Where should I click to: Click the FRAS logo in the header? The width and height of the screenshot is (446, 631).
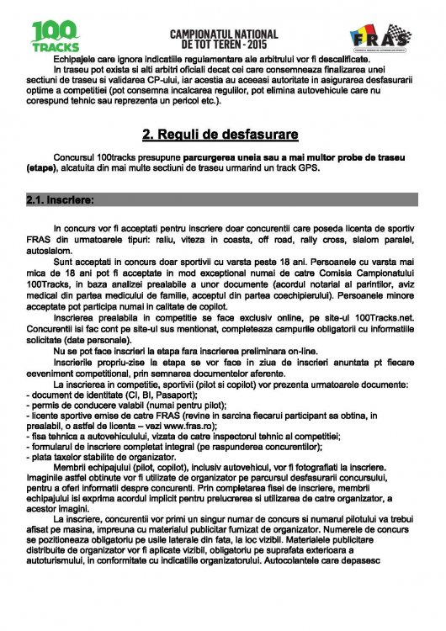380,35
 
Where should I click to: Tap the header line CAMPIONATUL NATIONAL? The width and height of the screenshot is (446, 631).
223,32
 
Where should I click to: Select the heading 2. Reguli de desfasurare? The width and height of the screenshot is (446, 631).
222,134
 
